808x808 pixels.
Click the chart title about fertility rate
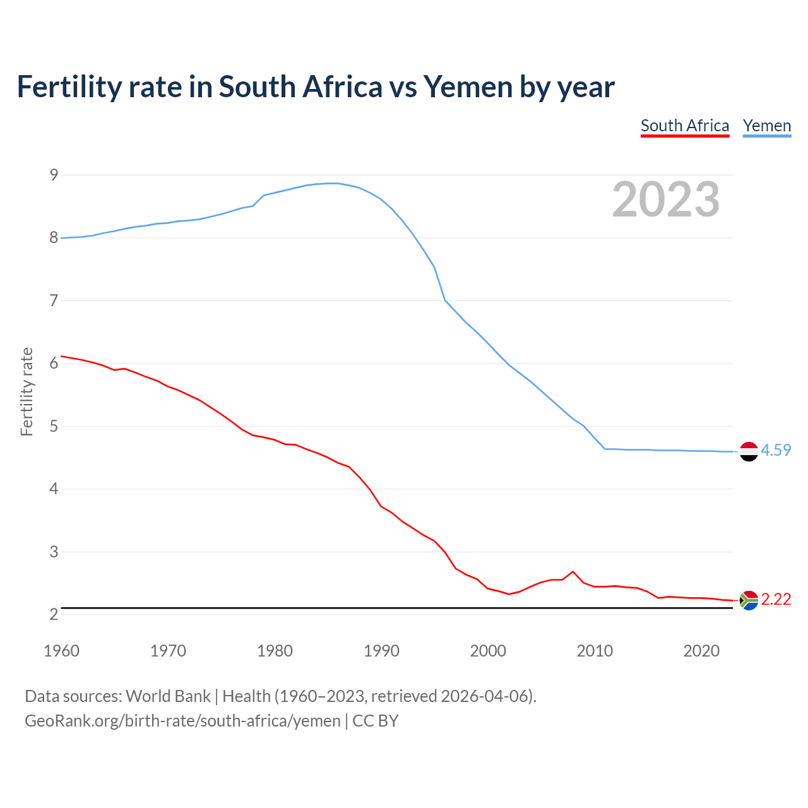316,87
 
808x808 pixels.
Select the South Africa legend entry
685,126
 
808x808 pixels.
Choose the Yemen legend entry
767,126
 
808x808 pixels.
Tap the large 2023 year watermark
666,199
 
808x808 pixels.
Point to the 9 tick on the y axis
54,175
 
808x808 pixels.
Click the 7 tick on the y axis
54,300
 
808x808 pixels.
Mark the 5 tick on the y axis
54,426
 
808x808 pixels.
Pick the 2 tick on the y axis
54,614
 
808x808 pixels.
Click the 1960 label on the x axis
61,651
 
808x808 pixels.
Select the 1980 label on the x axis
275,651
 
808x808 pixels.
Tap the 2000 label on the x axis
488,651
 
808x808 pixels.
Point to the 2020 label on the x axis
701,651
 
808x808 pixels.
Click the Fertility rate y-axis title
27,391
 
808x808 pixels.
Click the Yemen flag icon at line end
749,451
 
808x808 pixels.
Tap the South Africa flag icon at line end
749,600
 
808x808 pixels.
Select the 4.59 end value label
776,450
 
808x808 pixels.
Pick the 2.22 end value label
776,599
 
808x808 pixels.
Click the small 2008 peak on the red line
573,572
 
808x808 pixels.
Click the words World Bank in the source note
168,696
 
